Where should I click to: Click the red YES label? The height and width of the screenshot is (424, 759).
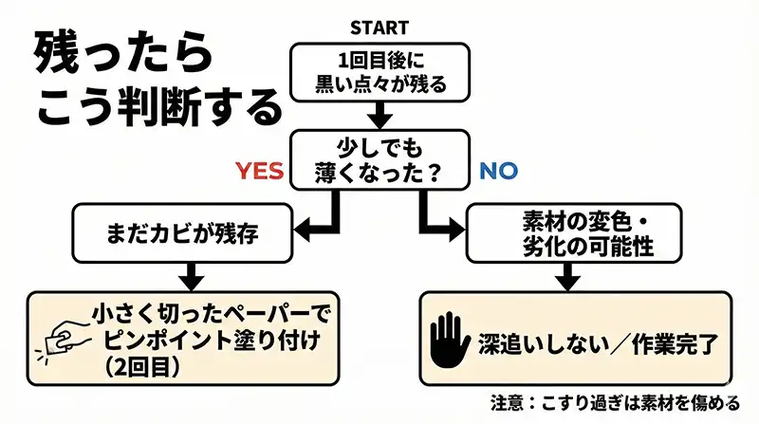click(260, 171)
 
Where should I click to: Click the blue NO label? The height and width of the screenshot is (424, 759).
click(498, 171)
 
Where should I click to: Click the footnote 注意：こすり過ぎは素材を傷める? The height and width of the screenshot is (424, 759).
click(615, 401)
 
